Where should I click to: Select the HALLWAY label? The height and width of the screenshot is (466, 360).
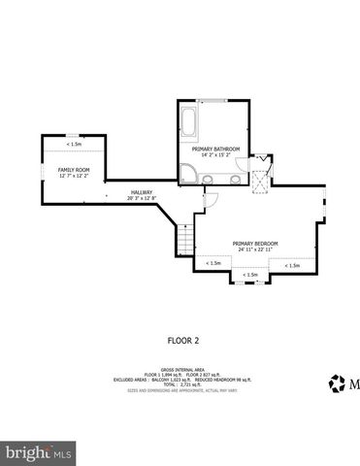click(x=143, y=192)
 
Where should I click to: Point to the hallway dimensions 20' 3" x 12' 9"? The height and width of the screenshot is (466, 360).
click(x=143, y=198)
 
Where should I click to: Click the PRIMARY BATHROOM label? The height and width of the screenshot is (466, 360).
click(x=213, y=149)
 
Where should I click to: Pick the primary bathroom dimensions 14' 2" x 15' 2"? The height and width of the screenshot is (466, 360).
click(x=213, y=155)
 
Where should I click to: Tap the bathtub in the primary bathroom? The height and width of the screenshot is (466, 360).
click(x=188, y=124)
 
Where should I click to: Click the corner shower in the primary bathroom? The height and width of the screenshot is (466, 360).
click(x=186, y=175)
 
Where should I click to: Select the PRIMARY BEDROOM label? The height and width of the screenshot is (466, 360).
click(x=255, y=243)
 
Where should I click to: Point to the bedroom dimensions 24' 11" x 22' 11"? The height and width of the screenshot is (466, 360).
click(x=255, y=250)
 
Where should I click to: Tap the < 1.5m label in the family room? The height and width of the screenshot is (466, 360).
click(x=74, y=144)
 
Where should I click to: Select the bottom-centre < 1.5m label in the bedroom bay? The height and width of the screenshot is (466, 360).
click(x=250, y=275)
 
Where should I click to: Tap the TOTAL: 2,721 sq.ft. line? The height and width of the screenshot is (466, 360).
click(x=180, y=385)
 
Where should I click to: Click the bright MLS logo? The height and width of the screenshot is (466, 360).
click(x=40, y=453)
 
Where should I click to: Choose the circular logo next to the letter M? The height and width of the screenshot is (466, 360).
click(x=338, y=383)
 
